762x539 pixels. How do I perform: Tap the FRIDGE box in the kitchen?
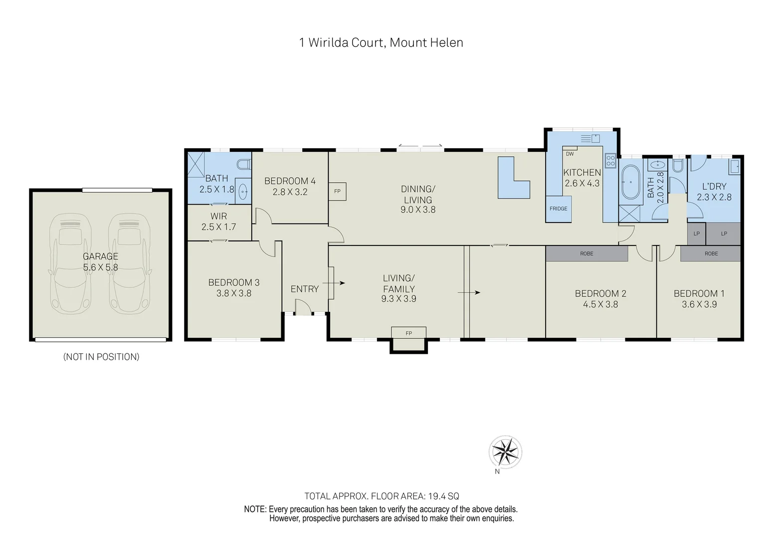pyautogui.click(x=559, y=209)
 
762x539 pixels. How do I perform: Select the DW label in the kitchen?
pyautogui.click(x=570, y=154)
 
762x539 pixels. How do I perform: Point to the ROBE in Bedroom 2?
pyautogui.click(x=586, y=254)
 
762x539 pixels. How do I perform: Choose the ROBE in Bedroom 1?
pyautogui.click(x=711, y=254)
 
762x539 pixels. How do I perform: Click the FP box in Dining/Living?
pyautogui.click(x=337, y=191)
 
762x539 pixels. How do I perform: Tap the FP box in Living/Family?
pyautogui.click(x=408, y=333)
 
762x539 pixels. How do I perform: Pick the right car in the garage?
pyautogui.click(x=129, y=264)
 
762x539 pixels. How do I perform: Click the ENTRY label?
pyautogui.click(x=304, y=289)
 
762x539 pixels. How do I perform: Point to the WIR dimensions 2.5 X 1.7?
pyautogui.click(x=218, y=227)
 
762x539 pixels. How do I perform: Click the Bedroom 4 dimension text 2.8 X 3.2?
pyautogui.click(x=290, y=192)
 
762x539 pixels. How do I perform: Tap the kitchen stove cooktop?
pyautogui.click(x=610, y=161)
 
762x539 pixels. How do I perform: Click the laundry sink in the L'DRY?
pyautogui.click(x=735, y=166)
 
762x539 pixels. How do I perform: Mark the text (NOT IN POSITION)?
pyautogui.click(x=101, y=357)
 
